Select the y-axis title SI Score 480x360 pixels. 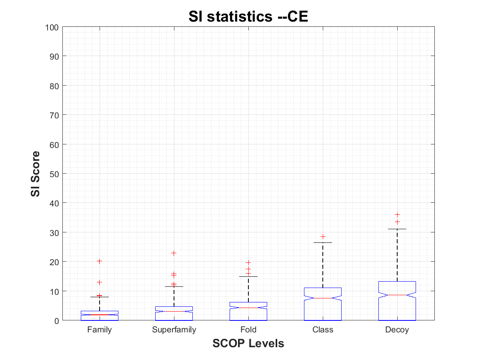tap(36, 173)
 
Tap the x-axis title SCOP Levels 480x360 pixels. tap(248, 343)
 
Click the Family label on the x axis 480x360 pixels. tap(100, 330)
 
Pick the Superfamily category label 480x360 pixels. tap(174, 330)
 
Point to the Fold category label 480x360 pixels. tap(248, 330)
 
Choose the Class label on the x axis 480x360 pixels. tap(323, 330)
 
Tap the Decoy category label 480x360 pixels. tap(397, 330)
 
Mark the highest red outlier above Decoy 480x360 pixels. tap(397, 215)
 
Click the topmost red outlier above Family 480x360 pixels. tap(100, 261)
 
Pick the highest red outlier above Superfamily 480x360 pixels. tap(174, 253)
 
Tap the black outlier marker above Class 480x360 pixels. tap(323, 237)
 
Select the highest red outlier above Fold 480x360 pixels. tap(248, 263)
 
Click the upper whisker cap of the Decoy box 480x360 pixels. tap(397, 229)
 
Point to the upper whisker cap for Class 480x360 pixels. tap(323, 243)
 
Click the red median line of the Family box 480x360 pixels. tap(100, 315)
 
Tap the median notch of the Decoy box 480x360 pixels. tap(397, 295)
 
